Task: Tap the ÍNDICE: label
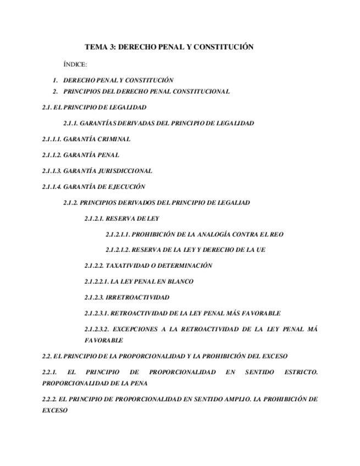pyautogui.click(x=75, y=65)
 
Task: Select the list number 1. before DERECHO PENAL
pyautogui.click(x=56, y=80)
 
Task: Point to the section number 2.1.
pyautogui.click(x=47, y=108)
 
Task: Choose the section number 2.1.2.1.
pyautogui.click(x=93, y=219)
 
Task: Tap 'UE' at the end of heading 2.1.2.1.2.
pyautogui.click(x=261, y=250)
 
